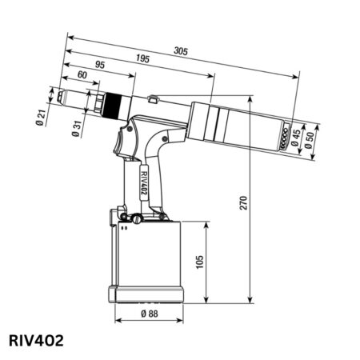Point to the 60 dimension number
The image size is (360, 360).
[x=82, y=75]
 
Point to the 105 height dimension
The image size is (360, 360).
[x=199, y=262]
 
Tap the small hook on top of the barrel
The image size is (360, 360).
[x=153, y=99]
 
